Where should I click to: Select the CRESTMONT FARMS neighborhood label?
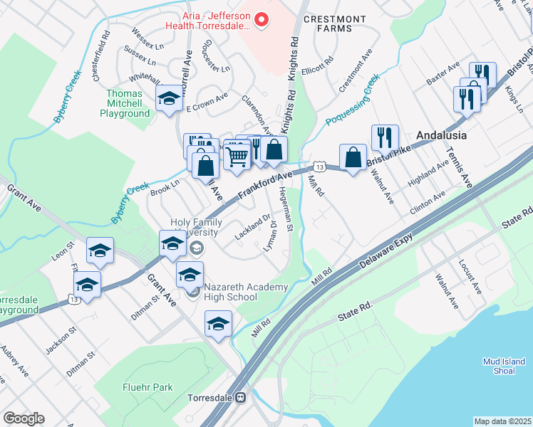pyautogui.click(x=334, y=23)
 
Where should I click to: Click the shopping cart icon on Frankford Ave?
pyautogui.click(x=237, y=155)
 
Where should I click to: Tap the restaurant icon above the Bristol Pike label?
pyautogui.click(x=385, y=137)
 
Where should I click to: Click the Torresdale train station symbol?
pyautogui.click(x=241, y=397)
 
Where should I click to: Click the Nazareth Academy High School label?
pyautogui.click(x=246, y=292)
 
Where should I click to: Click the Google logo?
pyautogui.click(x=24, y=418)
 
